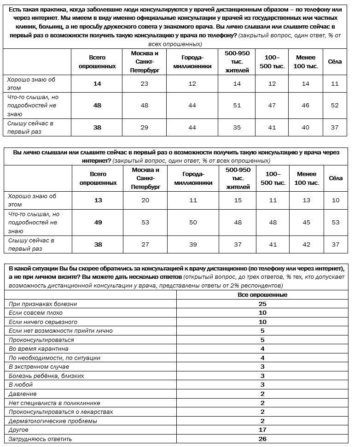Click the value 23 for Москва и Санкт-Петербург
pyautogui.click(x=145, y=84)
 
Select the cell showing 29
pyautogui.click(x=145, y=127)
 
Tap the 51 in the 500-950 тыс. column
pyautogui.click(x=237, y=105)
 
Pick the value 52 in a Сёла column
pyautogui.click(x=335, y=105)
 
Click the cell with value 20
pyautogui.click(x=145, y=200)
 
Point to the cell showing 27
pyautogui.click(x=145, y=244)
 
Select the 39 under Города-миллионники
pyautogui.click(x=193, y=244)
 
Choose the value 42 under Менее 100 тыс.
pyautogui.click(x=307, y=244)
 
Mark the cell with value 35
pyautogui.click(x=237, y=127)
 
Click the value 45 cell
pyautogui.click(x=307, y=222)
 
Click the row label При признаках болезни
pyautogui.click(x=43, y=304)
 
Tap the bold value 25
pyautogui.click(x=262, y=304)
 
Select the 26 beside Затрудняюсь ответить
pyautogui.click(x=262, y=439)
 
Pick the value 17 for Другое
pyautogui.click(x=262, y=430)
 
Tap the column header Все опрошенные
pyautogui.click(x=262, y=295)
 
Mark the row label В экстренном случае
pyautogui.click(x=39, y=367)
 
